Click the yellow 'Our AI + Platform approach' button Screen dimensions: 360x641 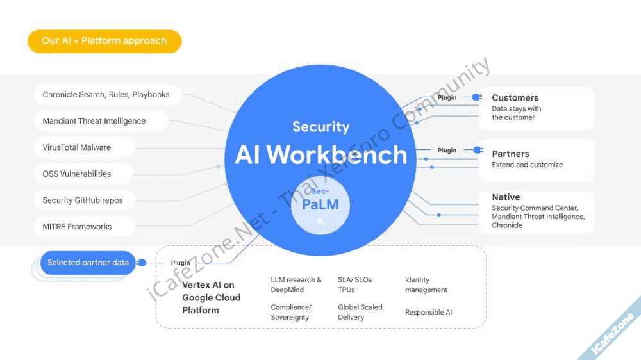click(104, 41)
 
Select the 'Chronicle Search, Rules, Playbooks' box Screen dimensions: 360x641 click(106, 95)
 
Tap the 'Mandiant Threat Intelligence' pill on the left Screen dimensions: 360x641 click(94, 121)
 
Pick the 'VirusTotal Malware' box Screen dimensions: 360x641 click(77, 147)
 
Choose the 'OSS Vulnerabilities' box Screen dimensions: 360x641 click(77, 174)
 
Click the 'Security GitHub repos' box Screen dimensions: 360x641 click(83, 200)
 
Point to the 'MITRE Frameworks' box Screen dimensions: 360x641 click(77, 227)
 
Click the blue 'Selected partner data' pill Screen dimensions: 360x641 click(88, 263)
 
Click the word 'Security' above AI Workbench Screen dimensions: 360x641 click(321, 127)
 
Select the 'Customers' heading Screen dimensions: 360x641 click(515, 98)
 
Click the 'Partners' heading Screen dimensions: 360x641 click(511, 154)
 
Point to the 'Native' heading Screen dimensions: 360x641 click(506, 197)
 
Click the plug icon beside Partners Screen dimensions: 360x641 click(478, 151)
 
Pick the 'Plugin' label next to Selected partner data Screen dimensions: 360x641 click(180, 263)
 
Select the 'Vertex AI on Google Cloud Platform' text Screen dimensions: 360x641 click(212, 297)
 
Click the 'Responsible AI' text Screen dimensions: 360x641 click(429, 313)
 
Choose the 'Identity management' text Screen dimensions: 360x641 click(426, 285)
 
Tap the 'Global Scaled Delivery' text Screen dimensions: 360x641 click(360, 312)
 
